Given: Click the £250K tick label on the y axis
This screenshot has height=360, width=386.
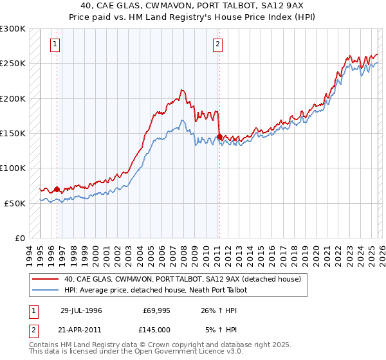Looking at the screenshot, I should click(14, 64).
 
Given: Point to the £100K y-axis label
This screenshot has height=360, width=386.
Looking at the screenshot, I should click(14, 168).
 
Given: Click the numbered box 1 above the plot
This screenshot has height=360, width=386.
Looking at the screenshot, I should click(55, 44).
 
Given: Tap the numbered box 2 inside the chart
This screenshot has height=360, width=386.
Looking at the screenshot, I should click(218, 44).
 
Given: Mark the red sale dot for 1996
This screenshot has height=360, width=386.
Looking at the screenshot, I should click(57, 189).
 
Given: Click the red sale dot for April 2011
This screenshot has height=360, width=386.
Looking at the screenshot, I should click(220, 137).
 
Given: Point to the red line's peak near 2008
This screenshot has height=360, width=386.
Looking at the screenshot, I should click(183, 90).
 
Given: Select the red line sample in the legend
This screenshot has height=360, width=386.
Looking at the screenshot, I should click(46, 279).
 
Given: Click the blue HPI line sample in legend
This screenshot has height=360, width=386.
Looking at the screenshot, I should click(46, 290).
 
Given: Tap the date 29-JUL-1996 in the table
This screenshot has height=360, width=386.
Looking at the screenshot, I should click(81, 310).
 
